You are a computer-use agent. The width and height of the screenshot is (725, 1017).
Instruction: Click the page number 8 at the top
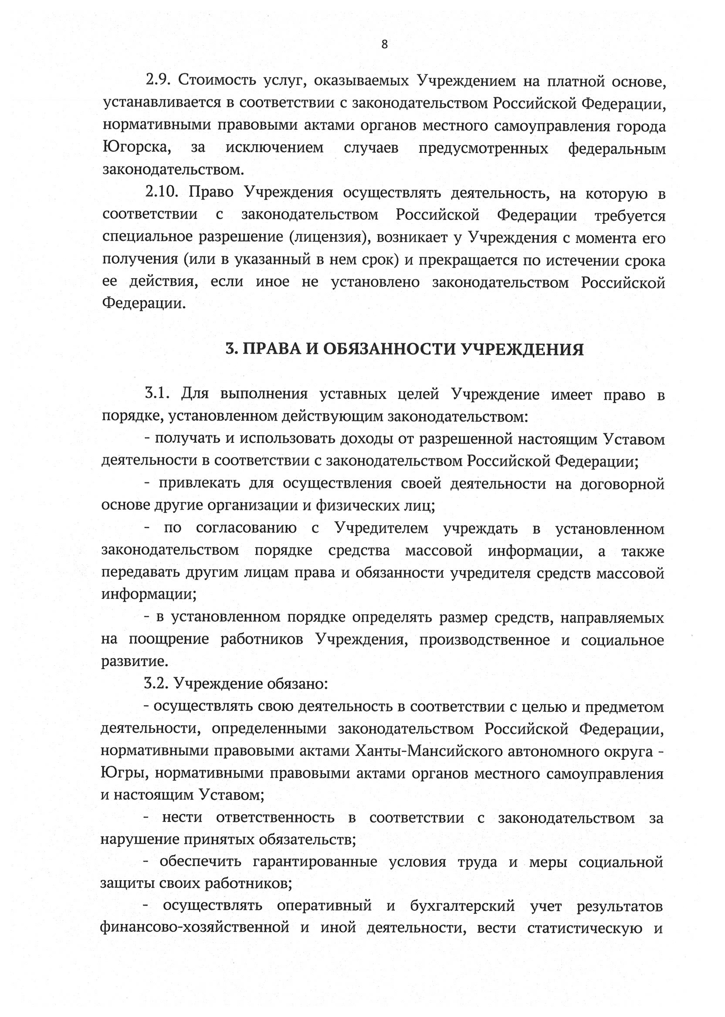tap(384, 44)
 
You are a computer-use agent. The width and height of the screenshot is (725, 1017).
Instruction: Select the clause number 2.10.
tap(162, 193)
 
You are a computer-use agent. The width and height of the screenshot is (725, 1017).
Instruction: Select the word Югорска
tap(137, 148)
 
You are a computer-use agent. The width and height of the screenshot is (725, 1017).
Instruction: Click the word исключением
tap(274, 148)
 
